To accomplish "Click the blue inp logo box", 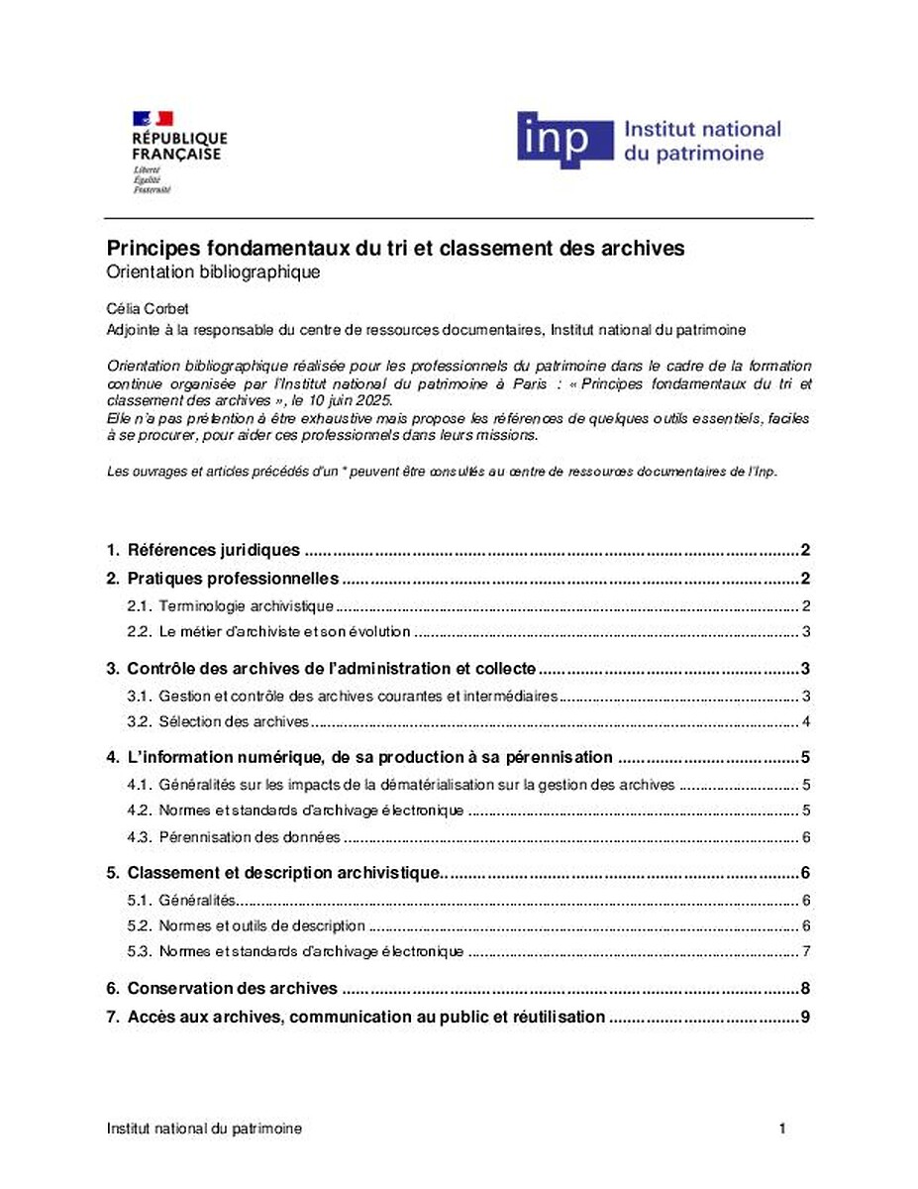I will [564, 139].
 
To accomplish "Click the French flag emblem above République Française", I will [153, 119].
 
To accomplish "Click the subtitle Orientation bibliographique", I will [214, 272].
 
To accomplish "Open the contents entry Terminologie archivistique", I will [246, 606].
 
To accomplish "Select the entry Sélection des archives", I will [234, 721].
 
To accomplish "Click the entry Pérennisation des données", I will [250, 837].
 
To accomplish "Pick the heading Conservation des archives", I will [233, 988].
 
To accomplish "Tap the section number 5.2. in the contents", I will [141, 926].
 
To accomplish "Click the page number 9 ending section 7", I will [806, 1017].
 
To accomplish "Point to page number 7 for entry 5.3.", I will [807, 952].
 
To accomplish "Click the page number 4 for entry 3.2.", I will [807, 721].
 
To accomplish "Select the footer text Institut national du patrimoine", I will [204, 1129].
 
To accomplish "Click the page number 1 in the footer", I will [782, 1129].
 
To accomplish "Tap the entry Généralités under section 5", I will [197, 901].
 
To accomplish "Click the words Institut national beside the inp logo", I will [701, 130].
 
